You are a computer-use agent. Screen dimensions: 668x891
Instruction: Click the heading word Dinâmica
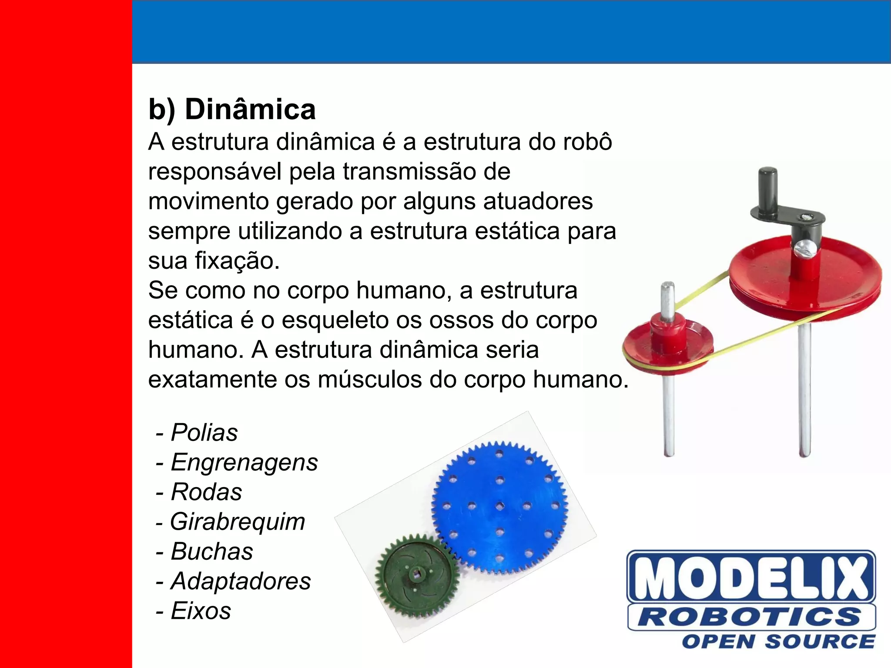click(250, 109)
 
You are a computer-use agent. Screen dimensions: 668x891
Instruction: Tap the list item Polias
click(204, 432)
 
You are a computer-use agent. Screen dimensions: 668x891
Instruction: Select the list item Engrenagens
click(244, 462)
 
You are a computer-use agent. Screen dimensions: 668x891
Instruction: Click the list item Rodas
click(206, 492)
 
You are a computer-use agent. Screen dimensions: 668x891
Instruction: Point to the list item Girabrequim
click(238, 521)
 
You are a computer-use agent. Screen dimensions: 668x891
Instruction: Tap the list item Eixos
click(201, 611)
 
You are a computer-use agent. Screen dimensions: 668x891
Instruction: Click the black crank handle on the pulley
click(768, 189)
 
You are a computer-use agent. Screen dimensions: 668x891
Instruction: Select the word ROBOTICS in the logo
click(751, 617)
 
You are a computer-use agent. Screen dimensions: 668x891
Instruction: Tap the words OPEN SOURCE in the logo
click(778, 642)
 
